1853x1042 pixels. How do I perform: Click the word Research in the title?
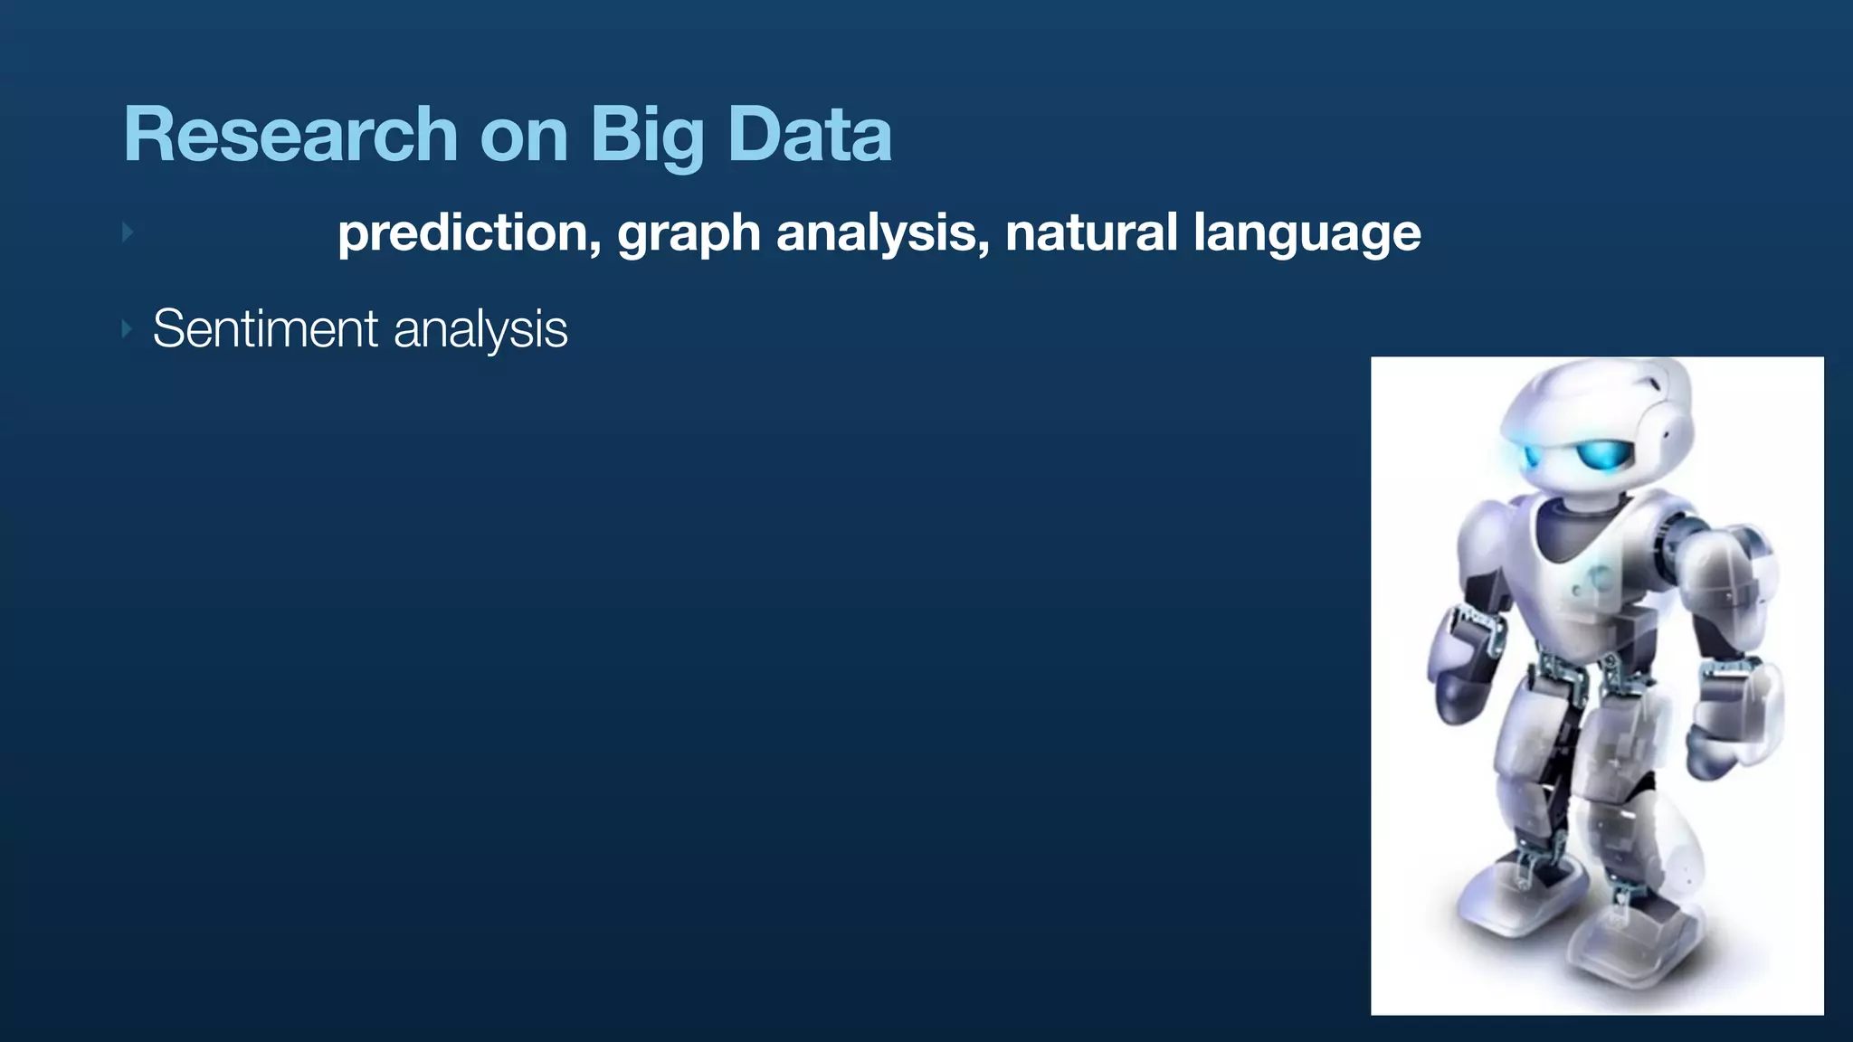click(x=290, y=135)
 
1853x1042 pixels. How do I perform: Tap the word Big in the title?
click(x=647, y=135)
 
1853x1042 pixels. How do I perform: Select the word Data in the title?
click(x=809, y=135)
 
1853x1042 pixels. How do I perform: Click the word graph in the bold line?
click(x=689, y=233)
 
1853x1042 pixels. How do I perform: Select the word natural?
click(x=1091, y=232)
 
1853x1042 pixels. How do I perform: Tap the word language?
click(x=1307, y=233)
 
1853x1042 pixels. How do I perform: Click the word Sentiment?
click(x=265, y=328)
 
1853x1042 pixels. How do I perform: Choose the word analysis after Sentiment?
click(x=480, y=329)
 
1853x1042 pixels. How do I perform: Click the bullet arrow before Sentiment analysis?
click(x=127, y=328)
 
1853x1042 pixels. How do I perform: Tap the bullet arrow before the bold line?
click(x=128, y=232)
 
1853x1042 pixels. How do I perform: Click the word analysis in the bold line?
click(x=877, y=233)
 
